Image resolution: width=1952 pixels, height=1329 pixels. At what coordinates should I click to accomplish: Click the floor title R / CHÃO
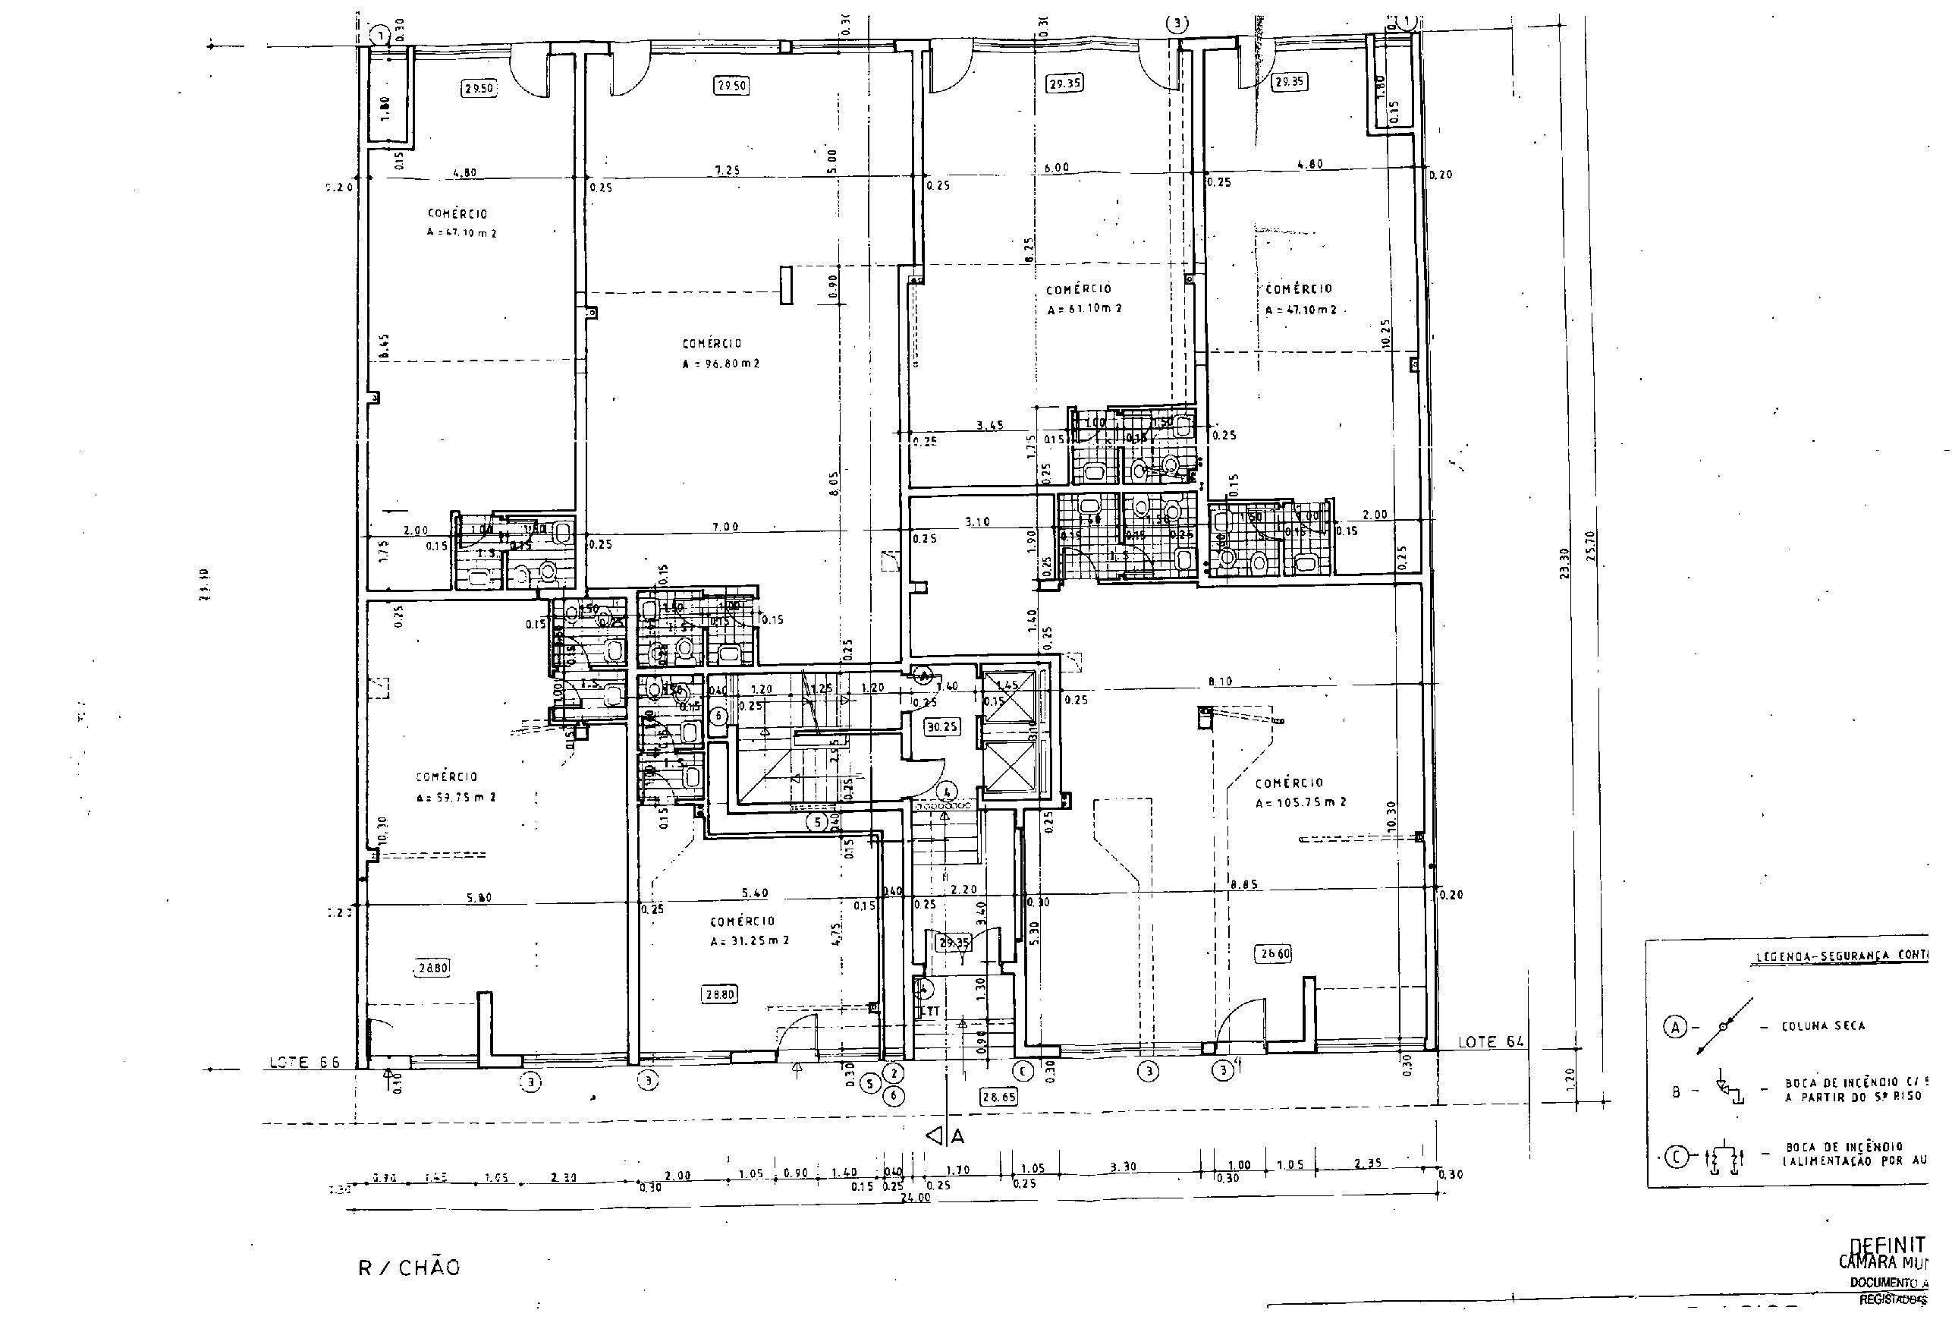409,1268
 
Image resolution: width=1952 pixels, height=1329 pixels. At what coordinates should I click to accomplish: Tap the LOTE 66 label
304,1063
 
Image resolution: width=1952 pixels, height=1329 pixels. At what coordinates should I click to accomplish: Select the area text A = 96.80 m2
721,364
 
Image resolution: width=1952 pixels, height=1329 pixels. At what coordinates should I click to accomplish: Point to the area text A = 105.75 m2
1300,802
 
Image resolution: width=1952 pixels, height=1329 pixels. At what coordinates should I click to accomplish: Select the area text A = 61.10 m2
1083,308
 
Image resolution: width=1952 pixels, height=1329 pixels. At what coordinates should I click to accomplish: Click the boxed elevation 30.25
941,726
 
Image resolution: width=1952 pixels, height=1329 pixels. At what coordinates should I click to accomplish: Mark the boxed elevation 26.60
1273,953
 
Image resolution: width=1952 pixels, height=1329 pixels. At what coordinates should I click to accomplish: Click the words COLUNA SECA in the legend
1822,1025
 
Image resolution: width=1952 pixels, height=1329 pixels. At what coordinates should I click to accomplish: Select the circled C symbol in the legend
1676,1157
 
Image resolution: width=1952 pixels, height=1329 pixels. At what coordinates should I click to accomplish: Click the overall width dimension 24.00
915,1198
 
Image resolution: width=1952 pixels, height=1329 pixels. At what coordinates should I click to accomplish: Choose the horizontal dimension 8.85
1244,883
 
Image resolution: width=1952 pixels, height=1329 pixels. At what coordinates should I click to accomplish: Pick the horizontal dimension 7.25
727,171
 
